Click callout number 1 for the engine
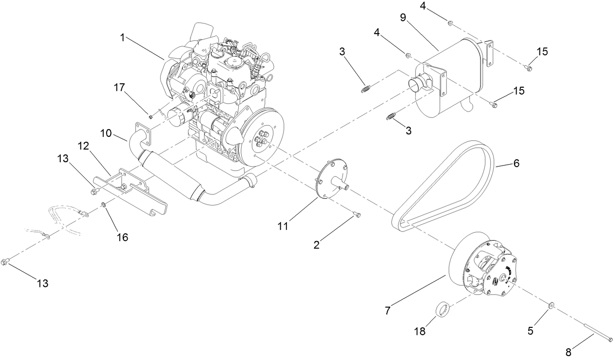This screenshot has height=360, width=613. [122, 38]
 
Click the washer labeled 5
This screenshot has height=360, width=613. [550, 305]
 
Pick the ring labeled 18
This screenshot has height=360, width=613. [442, 310]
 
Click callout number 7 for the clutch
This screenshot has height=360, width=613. [388, 310]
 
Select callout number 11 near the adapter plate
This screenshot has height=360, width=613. [283, 226]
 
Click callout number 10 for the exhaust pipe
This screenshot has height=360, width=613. [107, 132]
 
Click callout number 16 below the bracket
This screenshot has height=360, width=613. [122, 237]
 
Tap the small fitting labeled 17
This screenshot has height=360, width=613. [151, 116]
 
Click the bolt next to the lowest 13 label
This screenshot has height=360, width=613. [6, 262]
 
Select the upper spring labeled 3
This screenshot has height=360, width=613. [366, 89]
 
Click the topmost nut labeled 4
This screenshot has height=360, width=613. [450, 22]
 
